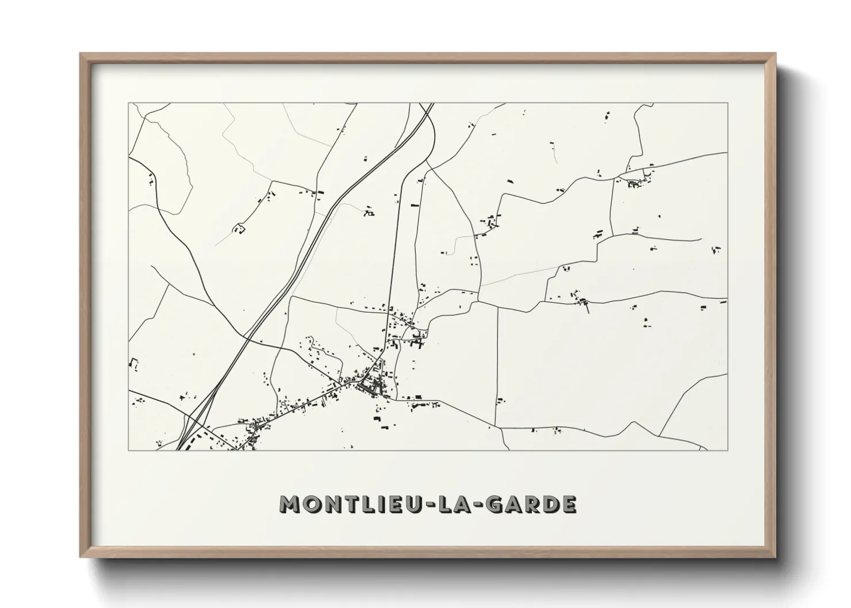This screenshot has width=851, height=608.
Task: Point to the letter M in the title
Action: coord(290,504)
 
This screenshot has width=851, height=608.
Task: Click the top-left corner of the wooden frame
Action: coord(80,53)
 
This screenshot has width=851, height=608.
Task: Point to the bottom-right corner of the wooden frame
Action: coord(776,557)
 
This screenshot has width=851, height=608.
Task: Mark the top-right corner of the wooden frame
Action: coord(776,53)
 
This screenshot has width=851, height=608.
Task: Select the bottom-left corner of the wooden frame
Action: coord(80,557)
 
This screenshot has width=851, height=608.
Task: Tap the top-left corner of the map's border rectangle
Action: coord(128,103)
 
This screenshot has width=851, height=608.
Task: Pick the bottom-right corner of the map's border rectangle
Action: coord(728,450)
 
